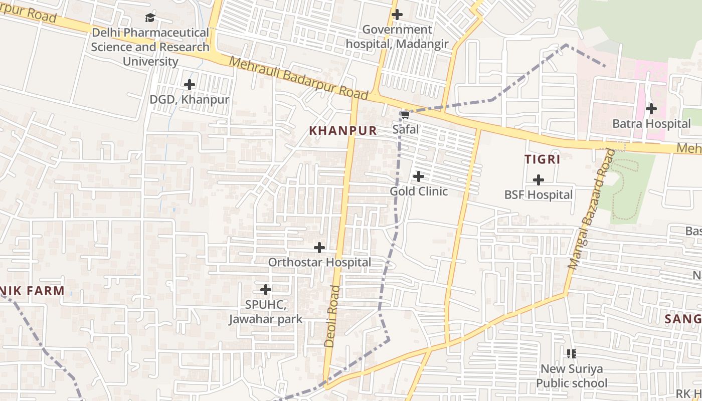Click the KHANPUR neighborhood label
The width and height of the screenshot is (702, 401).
pyautogui.click(x=342, y=131)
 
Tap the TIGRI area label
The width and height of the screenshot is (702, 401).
pyautogui.click(x=542, y=159)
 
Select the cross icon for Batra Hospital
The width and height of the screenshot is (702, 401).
pyautogui.click(x=651, y=108)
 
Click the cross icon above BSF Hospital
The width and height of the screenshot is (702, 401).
pyautogui.click(x=538, y=179)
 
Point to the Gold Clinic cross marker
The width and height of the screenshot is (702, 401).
pyautogui.click(x=418, y=176)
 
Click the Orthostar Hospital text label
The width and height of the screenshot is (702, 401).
pyautogui.click(x=319, y=262)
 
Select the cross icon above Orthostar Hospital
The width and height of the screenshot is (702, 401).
pyautogui.click(x=319, y=248)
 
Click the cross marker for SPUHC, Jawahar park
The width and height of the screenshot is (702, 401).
pyautogui.click(x=266, y=290)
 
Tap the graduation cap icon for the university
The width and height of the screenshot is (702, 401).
pyautogui.click(x=150, y=18)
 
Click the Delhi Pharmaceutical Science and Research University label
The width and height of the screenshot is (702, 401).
pyautogui.click(x=150, y=47)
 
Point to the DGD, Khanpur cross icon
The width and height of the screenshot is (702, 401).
pyautogui.click(x=189, y=85)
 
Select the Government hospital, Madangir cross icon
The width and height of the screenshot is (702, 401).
pyautogui.click(x=397, y=15)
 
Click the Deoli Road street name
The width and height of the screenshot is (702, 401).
pyautogui.click(x=332, y=316)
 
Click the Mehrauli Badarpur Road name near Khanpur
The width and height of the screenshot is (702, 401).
pyautogui.click(x=299, y=78)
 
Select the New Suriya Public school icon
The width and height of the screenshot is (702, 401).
pyautogui.click(x=571, y=354)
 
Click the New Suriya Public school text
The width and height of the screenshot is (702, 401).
pyautogui.click(x=571, y=376)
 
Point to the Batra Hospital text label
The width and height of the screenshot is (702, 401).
pyautogui.click(x=651, y=123)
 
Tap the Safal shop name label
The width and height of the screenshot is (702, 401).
pyautogui.click(x=405, y=129)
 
